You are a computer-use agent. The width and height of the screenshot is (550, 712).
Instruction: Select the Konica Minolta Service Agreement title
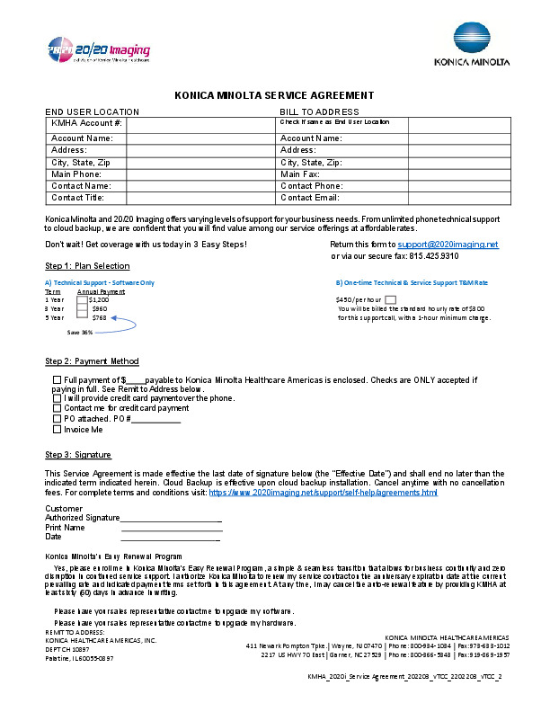point(274,94)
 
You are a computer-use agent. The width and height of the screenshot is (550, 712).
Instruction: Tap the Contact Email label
point(310,197)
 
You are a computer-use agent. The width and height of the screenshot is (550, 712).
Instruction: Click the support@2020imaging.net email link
point(448,244)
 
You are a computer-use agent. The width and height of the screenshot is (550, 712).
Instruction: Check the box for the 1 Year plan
point(82,299)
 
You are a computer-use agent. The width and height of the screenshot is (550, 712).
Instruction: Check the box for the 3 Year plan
point(82,308)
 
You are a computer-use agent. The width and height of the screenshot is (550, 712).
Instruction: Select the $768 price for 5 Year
point(99,317)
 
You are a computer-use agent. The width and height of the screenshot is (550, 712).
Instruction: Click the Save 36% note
point(80,332)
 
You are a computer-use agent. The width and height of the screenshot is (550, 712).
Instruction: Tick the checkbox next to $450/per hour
point(390,299)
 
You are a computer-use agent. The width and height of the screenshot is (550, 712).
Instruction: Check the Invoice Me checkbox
point(58,430)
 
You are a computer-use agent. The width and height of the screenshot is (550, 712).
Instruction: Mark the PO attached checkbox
point(58,419)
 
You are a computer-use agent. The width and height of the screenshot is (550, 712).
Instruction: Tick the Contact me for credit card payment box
point(58,408)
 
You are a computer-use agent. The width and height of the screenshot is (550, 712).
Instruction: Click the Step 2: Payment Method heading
point(92,361)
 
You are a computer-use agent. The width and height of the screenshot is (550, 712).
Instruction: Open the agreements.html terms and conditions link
point(324,493)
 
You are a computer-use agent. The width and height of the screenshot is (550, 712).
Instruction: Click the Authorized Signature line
point(171,519)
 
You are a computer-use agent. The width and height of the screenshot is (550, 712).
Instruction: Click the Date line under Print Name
point(171,538)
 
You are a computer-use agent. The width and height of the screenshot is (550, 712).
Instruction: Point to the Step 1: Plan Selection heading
point(87,266)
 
